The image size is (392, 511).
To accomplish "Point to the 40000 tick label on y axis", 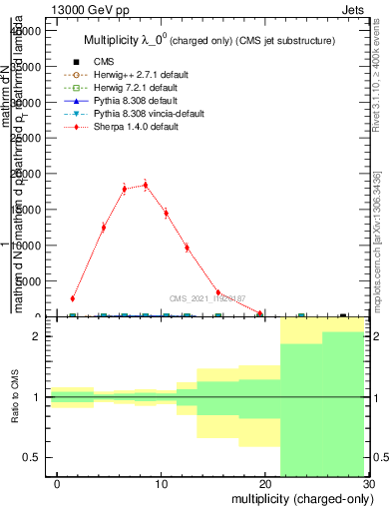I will (23, 31).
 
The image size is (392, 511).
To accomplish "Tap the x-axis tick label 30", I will (368, 484).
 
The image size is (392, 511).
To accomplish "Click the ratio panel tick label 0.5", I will (34, 457).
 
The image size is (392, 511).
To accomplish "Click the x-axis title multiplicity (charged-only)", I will (300, 498).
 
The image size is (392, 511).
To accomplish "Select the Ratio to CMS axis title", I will (15, 397).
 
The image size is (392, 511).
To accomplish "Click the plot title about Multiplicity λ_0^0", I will (208, 41).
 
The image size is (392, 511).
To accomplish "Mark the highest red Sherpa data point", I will (146, 185).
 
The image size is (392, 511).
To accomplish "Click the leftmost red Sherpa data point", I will (73, 298).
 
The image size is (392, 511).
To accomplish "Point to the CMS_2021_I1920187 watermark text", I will (208, 297).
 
